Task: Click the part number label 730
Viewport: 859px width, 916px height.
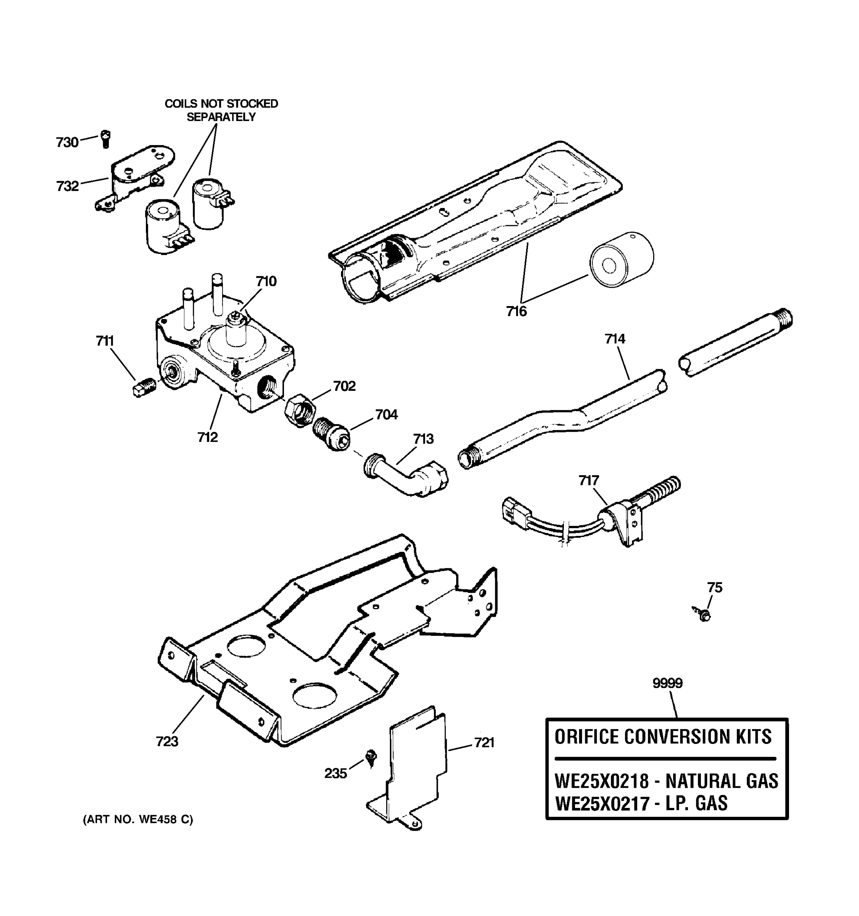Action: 67,142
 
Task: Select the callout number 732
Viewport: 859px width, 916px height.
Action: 67,186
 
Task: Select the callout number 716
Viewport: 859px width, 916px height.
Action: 516,311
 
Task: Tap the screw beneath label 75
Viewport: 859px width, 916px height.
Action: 703,614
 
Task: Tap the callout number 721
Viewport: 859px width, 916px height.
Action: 484,743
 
